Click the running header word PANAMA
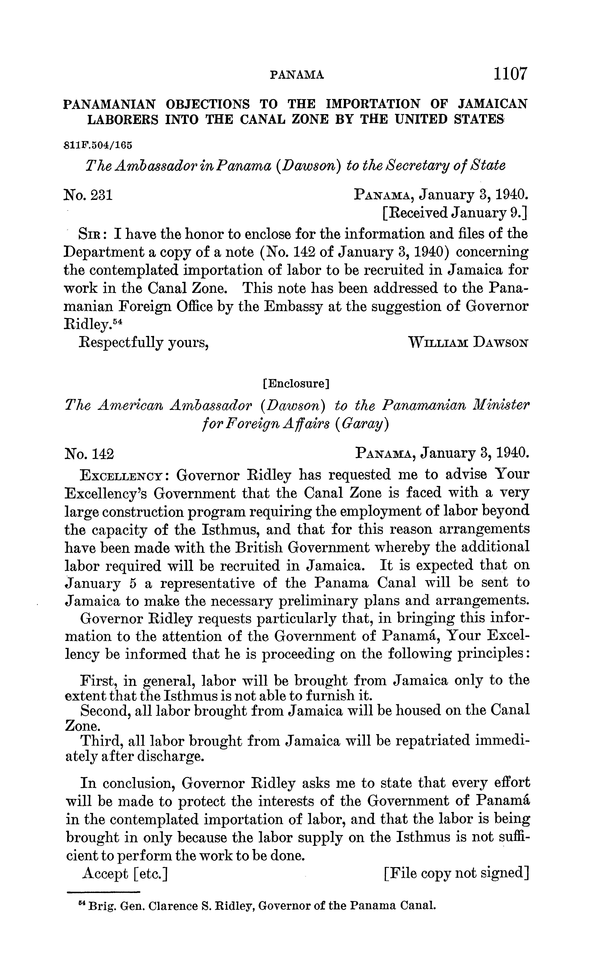[297, 75]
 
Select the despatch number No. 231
[88, 195]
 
